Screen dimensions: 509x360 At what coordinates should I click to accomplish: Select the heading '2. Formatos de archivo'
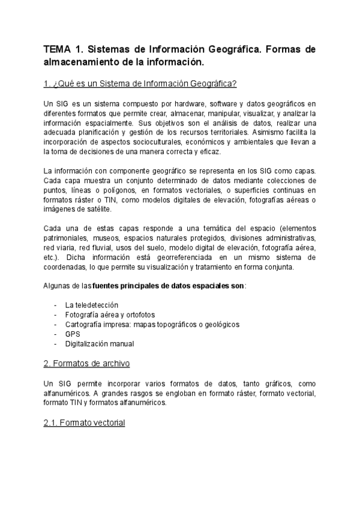click(x=86, y=364)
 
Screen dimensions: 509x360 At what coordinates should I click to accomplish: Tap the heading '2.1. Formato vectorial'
click(x=84, y=423)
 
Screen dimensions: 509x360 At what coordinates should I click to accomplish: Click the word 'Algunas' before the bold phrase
click(x=58, y=286)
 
